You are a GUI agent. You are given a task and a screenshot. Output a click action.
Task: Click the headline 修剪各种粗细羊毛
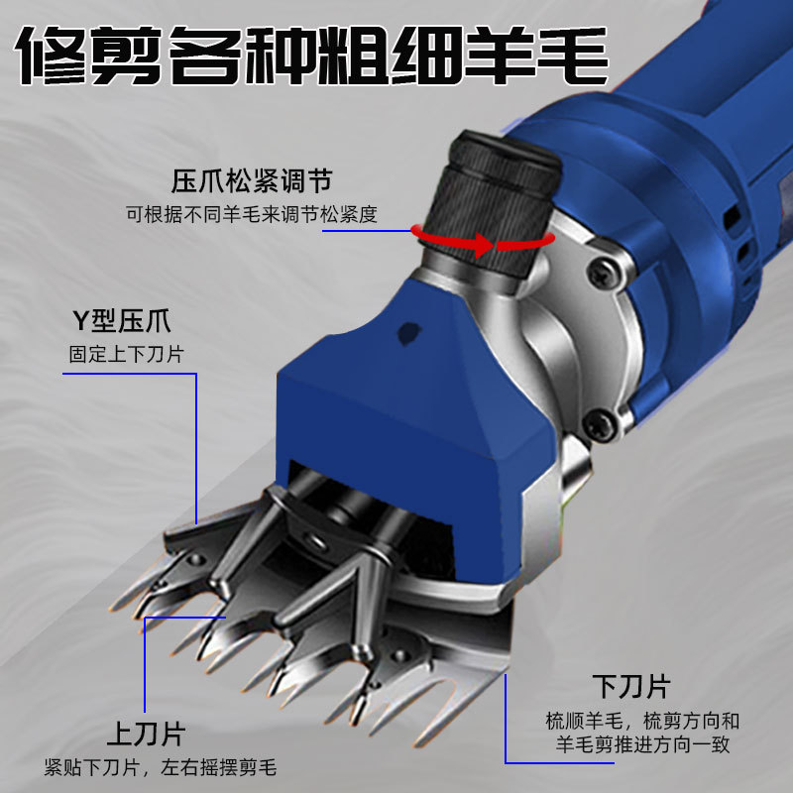point(311,55)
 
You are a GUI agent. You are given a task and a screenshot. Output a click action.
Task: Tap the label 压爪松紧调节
point(252,181)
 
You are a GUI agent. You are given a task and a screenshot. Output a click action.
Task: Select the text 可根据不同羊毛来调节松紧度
point(252,214)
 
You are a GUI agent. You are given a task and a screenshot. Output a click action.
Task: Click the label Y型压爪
point(122,320)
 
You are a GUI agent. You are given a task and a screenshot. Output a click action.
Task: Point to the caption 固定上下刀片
point(126,354)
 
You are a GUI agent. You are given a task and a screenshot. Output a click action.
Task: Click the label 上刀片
point(146,734)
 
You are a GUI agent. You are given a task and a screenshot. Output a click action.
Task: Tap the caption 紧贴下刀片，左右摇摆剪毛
point(161,767)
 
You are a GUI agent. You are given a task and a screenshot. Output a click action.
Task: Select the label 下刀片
point(631,686)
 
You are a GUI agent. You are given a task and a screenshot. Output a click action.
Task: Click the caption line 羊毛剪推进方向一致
point(642,744)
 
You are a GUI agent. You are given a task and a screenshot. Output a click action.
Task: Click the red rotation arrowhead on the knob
point(482,245)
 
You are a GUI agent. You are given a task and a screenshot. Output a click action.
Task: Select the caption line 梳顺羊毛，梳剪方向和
point(642,721)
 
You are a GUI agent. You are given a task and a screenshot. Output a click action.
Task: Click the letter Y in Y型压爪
point(81,321)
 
